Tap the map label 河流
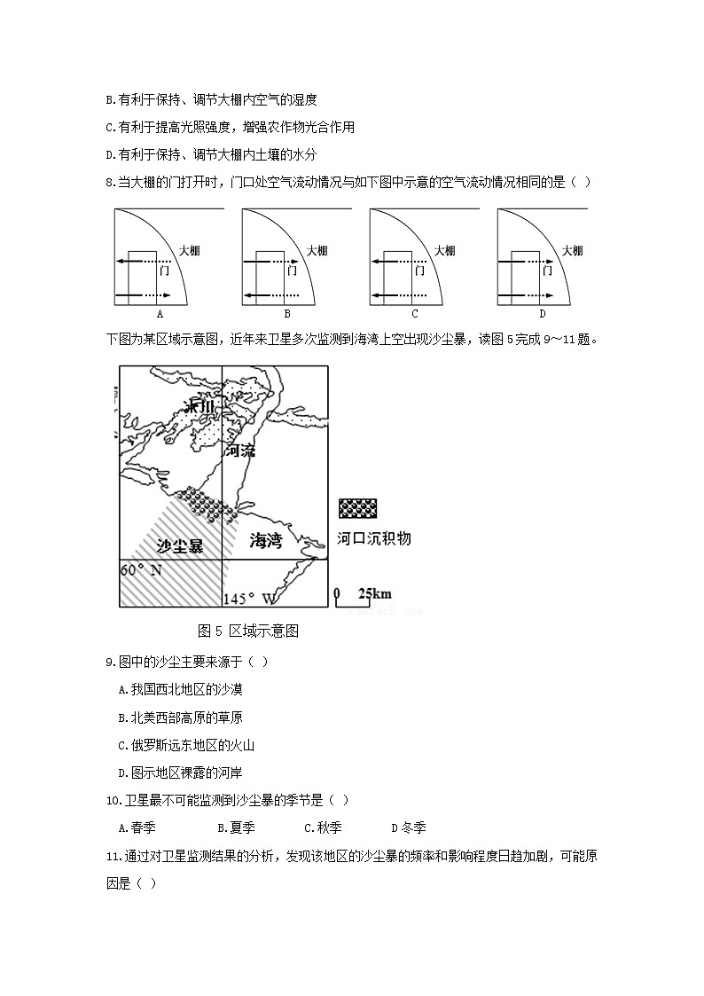tap(239, 451)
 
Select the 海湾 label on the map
tap(266, 540)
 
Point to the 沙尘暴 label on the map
tap(180, 546)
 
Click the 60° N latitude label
tap(142, 569)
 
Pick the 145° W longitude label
tap(249, 599)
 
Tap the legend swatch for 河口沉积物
tap(357, 508)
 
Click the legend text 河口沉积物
tap(374, 538)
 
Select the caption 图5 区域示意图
tap(249, 631)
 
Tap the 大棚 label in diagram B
tap(317, 251)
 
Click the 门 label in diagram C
tap(419, 271)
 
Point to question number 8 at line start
tap(110, 183)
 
